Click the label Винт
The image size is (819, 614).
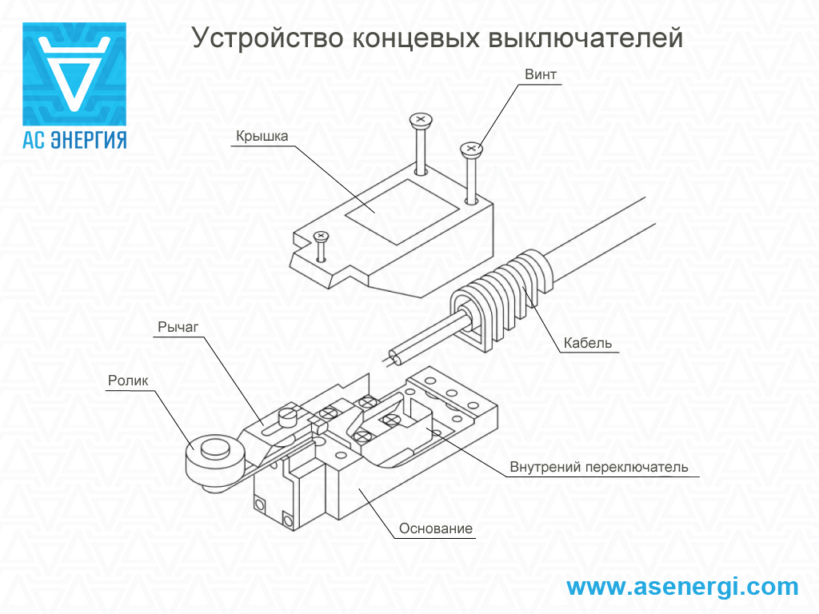540,74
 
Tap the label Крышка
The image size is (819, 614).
262,136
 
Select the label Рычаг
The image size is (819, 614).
178,327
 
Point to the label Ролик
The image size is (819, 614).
128,381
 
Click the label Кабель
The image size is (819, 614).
588,343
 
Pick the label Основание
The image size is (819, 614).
436,528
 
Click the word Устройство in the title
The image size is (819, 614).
267,38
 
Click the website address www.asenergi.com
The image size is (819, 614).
683,586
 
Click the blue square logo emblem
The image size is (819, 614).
74,74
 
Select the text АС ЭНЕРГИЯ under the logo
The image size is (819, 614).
74,140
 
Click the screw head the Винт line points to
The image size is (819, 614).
471,149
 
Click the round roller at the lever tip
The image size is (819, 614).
214,461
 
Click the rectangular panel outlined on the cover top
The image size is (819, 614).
402,212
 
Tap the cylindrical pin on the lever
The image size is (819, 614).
287,416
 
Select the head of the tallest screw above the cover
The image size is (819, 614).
421,120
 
